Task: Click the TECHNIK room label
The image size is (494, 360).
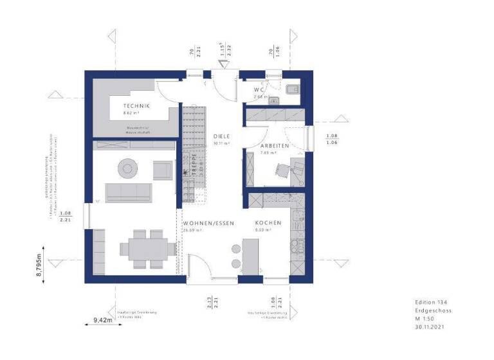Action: [137, 105]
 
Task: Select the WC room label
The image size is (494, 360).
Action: [259, 89]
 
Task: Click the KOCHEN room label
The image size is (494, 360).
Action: [268, 222]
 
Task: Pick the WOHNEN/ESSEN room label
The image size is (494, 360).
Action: [208, 222]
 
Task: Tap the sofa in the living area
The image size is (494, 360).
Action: [129, 192]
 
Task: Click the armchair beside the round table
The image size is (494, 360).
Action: [162, 170]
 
